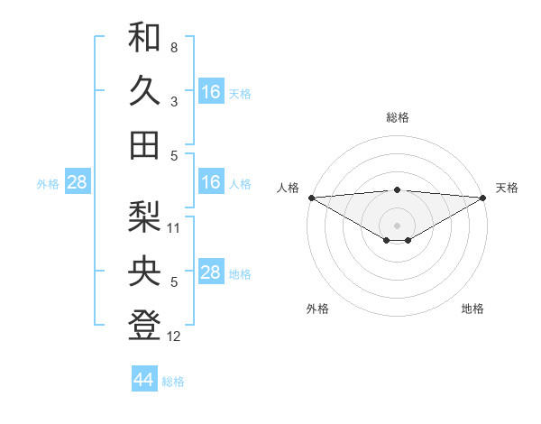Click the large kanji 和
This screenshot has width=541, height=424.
click(x=144, y=38)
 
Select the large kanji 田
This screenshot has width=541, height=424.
click(x=144, y=143)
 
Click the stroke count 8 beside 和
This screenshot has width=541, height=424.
click(x=174, y=47)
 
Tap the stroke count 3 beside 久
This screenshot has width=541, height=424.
click(x=174, y=102)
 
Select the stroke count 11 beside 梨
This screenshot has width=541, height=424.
click(x=174, y=228)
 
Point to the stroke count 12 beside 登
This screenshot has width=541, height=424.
click(x=174, y=336)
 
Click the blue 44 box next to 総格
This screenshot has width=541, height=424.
click(x=144, y=380)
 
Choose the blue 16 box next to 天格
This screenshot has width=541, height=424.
click(x=210, y=92)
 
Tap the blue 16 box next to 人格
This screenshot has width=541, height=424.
click(x=210, y=182)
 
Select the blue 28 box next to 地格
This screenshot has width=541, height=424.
click(x=210, y=272)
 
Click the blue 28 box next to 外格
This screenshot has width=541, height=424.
click(x=77, y=182)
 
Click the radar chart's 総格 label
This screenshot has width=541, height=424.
click(x=397, y=117)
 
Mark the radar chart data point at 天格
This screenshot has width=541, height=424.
click(x=483, y=198)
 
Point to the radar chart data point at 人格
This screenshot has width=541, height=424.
click(x=310, y=198)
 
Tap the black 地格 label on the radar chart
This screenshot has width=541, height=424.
click(x=472, y=309)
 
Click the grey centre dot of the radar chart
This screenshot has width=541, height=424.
click(x=397, y=225)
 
